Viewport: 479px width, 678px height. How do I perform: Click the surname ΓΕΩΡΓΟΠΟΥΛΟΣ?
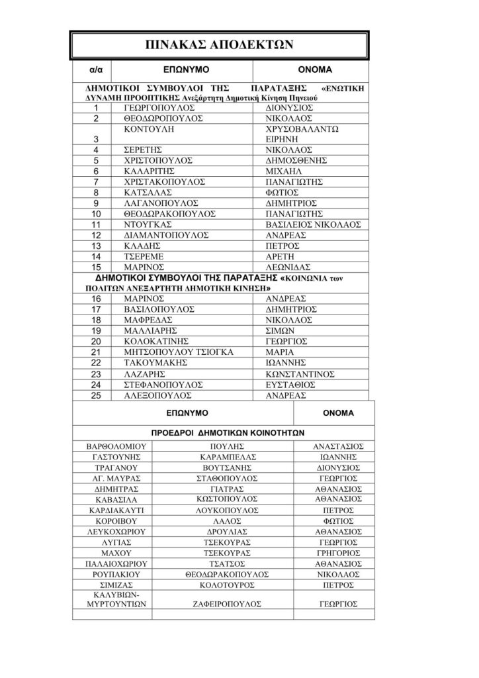tap(159, 107)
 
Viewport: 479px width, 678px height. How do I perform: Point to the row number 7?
tap(97, 181)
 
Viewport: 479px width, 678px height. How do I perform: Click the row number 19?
tap(97, 330)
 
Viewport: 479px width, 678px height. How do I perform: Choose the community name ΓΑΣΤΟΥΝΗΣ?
tap(112, 457)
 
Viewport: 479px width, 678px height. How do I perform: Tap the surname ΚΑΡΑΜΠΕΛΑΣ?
tap(231, 457)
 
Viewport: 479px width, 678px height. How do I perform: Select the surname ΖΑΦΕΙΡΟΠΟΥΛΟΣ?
tap(231, 604)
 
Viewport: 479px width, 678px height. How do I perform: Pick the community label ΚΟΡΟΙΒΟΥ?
tap(112, 520)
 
